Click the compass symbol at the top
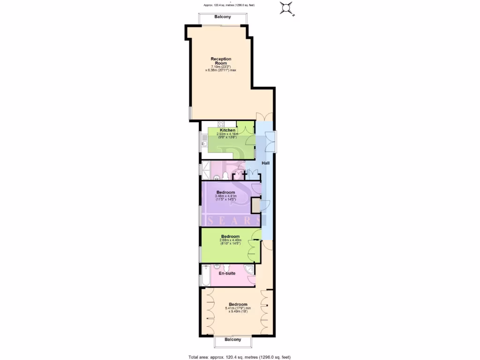pyautogui.click(x=286, y=8)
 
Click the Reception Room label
pyautogui.click(x=221, y=61)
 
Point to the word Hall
pyautogui.click(x=266, y=163)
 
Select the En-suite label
pyautogui.click(x=227, y=273)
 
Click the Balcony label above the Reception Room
pyautogui.click(x=222, y=17)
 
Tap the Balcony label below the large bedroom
pyautogui.click(x=233, y=339)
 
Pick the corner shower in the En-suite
pyautogui.click(x=250, y=269)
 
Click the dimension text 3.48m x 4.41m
pyautogui.click(x=226, y=196)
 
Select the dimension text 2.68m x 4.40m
pyautogui.click(x=230, y=240)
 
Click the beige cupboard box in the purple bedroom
pyautogui.click(x=256, y=205)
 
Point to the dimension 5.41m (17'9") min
pyautogui.click(x=235, y=308)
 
